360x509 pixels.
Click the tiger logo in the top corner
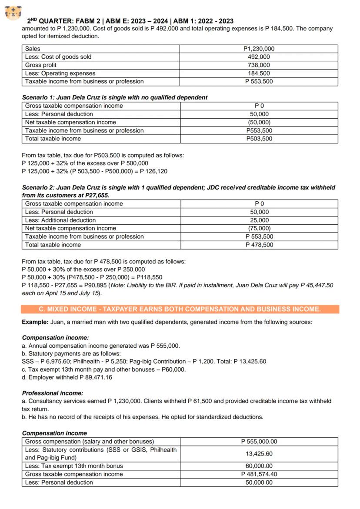point(13,13)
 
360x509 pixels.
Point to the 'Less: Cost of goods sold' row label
point(58,57)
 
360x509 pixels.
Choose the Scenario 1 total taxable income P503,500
point(259,139)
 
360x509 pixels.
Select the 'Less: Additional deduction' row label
point(60,220)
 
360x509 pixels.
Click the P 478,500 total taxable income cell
point(259,245)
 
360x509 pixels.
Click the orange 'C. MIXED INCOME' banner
point(180,309)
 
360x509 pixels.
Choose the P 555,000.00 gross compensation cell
point(259,442)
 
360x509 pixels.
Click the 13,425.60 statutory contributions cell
point(259,454)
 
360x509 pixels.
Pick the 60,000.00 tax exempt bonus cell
point(259,466)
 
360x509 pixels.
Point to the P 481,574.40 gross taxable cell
point(259,474)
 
